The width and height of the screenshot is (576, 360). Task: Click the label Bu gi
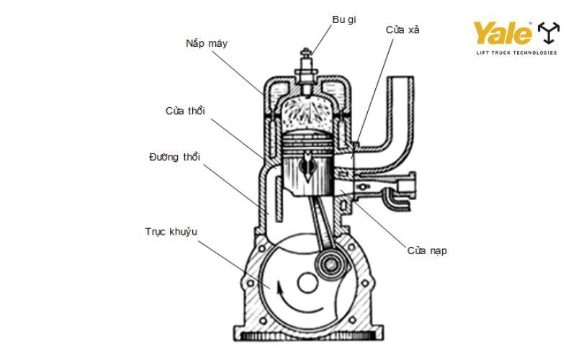coord(343,19)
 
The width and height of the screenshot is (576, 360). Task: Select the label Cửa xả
coord(402,30)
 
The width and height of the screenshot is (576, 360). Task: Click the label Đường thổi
coord(174,156)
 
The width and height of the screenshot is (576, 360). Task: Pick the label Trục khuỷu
coord(171,231)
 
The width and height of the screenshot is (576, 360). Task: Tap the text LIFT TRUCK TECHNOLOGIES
coord(516,53)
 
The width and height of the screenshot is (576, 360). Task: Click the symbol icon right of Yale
coord(548,33)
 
